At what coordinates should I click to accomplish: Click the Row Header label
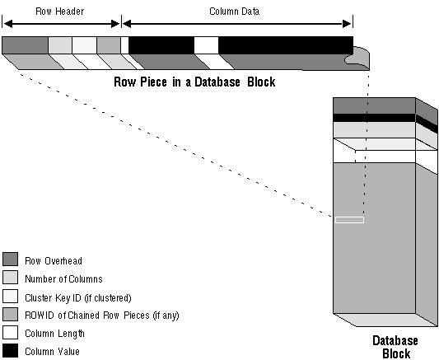pos(59,12)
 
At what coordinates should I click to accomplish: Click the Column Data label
pos(235,12)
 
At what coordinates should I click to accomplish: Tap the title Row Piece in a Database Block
pos(194,82)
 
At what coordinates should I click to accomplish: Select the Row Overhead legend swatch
pos(11,259)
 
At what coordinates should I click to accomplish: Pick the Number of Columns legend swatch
pos(11,277)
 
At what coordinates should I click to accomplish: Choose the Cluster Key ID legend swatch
pos(11,297)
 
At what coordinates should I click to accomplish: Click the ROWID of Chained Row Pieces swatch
pos(11,314)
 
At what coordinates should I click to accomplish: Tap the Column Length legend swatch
pos(11,332)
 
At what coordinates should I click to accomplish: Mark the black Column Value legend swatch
pos(11,350)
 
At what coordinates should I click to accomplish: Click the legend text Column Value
pos(53,352)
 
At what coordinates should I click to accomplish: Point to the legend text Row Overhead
pos(54,261)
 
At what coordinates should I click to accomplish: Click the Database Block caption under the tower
pos(395,347)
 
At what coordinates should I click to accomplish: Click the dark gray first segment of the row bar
pos(25,44)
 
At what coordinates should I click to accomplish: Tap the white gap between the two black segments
pos(206,45)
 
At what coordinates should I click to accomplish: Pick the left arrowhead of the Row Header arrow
pos(8,24)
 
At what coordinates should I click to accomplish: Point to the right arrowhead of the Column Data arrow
pos(347,24)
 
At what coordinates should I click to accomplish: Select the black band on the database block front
pos(374,118)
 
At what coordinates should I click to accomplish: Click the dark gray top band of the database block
pos(374,105)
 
